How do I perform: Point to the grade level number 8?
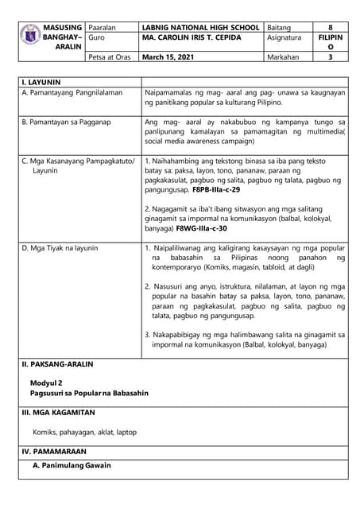point(330,26)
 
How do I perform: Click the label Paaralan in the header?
point(103,26)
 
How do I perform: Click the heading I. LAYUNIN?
point(41,81)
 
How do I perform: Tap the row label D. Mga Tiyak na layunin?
point(60,248)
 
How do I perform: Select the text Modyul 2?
point(46,383)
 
